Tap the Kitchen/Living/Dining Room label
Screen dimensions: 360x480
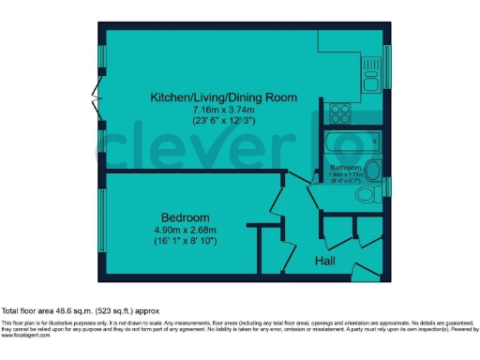pos(225,97)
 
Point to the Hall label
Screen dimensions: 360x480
pos(325,261)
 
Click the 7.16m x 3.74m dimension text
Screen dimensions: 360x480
pos(225,109)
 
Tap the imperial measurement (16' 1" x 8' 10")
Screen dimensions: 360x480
pos(185,240)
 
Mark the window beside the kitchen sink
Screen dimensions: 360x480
pos(387,67)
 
